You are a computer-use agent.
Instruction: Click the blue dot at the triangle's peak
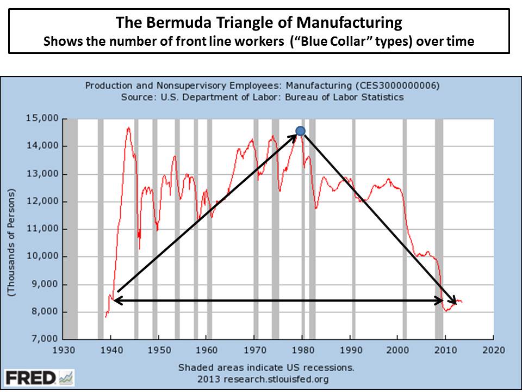coord(300,131)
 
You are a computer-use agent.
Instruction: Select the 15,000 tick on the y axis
coord(44,119)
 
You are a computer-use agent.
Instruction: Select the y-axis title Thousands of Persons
coord(11,243)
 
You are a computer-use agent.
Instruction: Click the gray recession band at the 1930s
coord(71,229)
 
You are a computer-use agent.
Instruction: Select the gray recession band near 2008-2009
coord(439,229)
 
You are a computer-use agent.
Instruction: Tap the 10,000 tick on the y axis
coord(44,256)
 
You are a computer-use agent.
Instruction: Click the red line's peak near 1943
coord(128,128)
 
